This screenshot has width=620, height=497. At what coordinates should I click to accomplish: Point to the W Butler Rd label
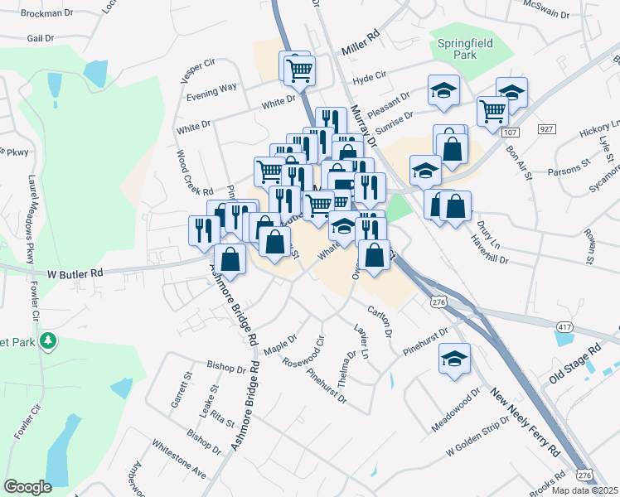point(74,273)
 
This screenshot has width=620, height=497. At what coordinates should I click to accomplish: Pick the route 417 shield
point(565,328)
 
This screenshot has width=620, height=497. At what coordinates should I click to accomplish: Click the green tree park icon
point(49,340)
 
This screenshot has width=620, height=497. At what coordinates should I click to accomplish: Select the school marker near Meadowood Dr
point(455,359)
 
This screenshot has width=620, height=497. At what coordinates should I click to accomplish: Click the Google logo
point(28,486)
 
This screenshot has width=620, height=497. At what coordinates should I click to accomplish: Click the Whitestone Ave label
point(178,458)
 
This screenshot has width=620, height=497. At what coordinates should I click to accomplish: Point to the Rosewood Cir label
point(303,353)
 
